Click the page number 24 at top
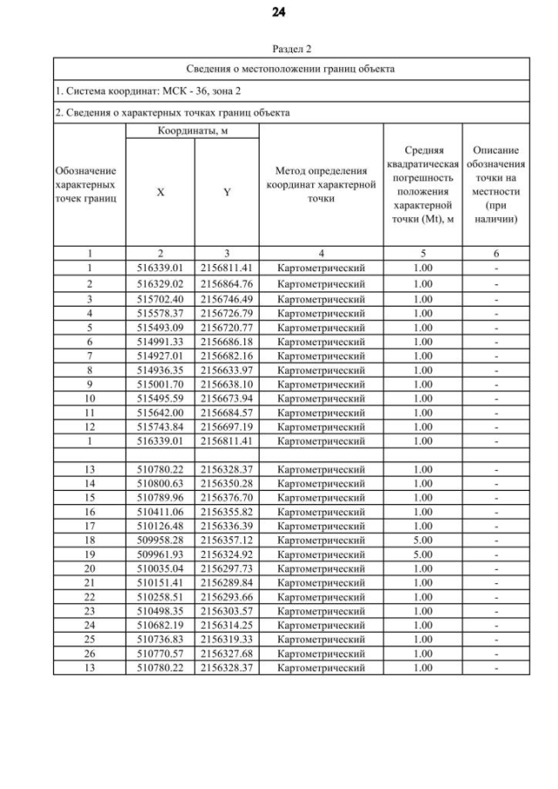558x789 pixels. [x=278, y=12]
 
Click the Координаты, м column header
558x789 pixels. [x=192, y=131]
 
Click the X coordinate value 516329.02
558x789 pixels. [x=160, y=284]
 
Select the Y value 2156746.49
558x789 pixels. [x=227, y=299]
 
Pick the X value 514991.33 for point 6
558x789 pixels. [x=160, y=342]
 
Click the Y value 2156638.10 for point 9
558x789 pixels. [x=227, y=384]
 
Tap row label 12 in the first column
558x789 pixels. [x=89, y=427]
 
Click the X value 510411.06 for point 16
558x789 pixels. [x=160, y=512]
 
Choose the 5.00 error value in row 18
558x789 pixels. [x=423, y=541]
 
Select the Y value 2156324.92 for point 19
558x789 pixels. [x=227, y=554]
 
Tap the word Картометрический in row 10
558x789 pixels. [x=321, y=398]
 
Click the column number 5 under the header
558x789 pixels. [x=423, y=254]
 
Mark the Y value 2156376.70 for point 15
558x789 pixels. [x=227, y=498]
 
